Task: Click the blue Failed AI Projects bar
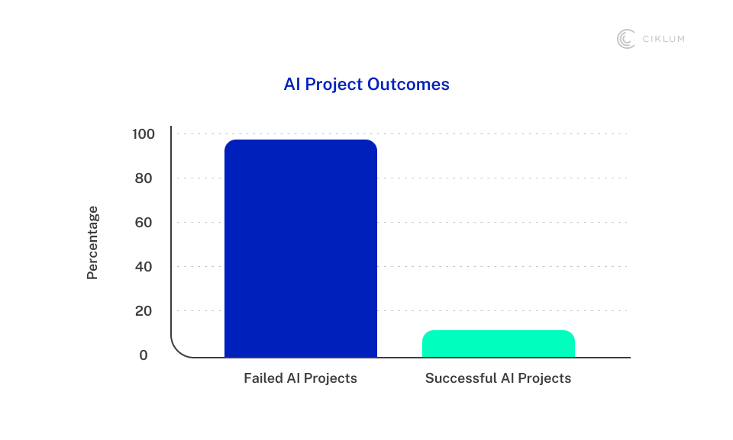pos(301,249)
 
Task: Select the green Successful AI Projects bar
pos(499,344)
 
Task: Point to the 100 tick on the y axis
pos(143,134)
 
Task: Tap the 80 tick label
pos(144,178)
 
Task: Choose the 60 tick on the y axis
pos(144,223)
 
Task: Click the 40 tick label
pos(144,267)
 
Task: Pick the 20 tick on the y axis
pos(144,310)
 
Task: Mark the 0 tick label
pos(144,355)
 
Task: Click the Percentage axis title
pos(92,243)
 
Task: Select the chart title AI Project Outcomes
pos(366,84)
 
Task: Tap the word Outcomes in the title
pos(408,84)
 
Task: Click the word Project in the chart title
pos(334,85)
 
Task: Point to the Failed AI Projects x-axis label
pos(300,378)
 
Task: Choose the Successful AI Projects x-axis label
pos(499,378)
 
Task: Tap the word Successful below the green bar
pos(461,378)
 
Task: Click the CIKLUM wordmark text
pos(664,39)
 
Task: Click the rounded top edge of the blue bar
pos(301,140)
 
